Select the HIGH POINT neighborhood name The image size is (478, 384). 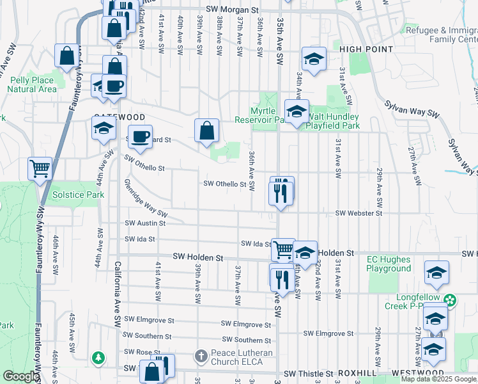point(366,49)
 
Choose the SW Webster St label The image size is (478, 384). point(358,212)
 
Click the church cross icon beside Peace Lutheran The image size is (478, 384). point(201,355)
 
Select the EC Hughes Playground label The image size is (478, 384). point(389,264)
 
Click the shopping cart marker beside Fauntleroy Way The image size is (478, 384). point(40,169)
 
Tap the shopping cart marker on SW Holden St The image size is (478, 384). point(282,250)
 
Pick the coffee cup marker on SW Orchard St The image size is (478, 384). point(142,136)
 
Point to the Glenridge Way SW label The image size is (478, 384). point(145,199)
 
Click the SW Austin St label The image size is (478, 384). point(145,223)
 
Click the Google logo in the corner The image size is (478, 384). point(20,376)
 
